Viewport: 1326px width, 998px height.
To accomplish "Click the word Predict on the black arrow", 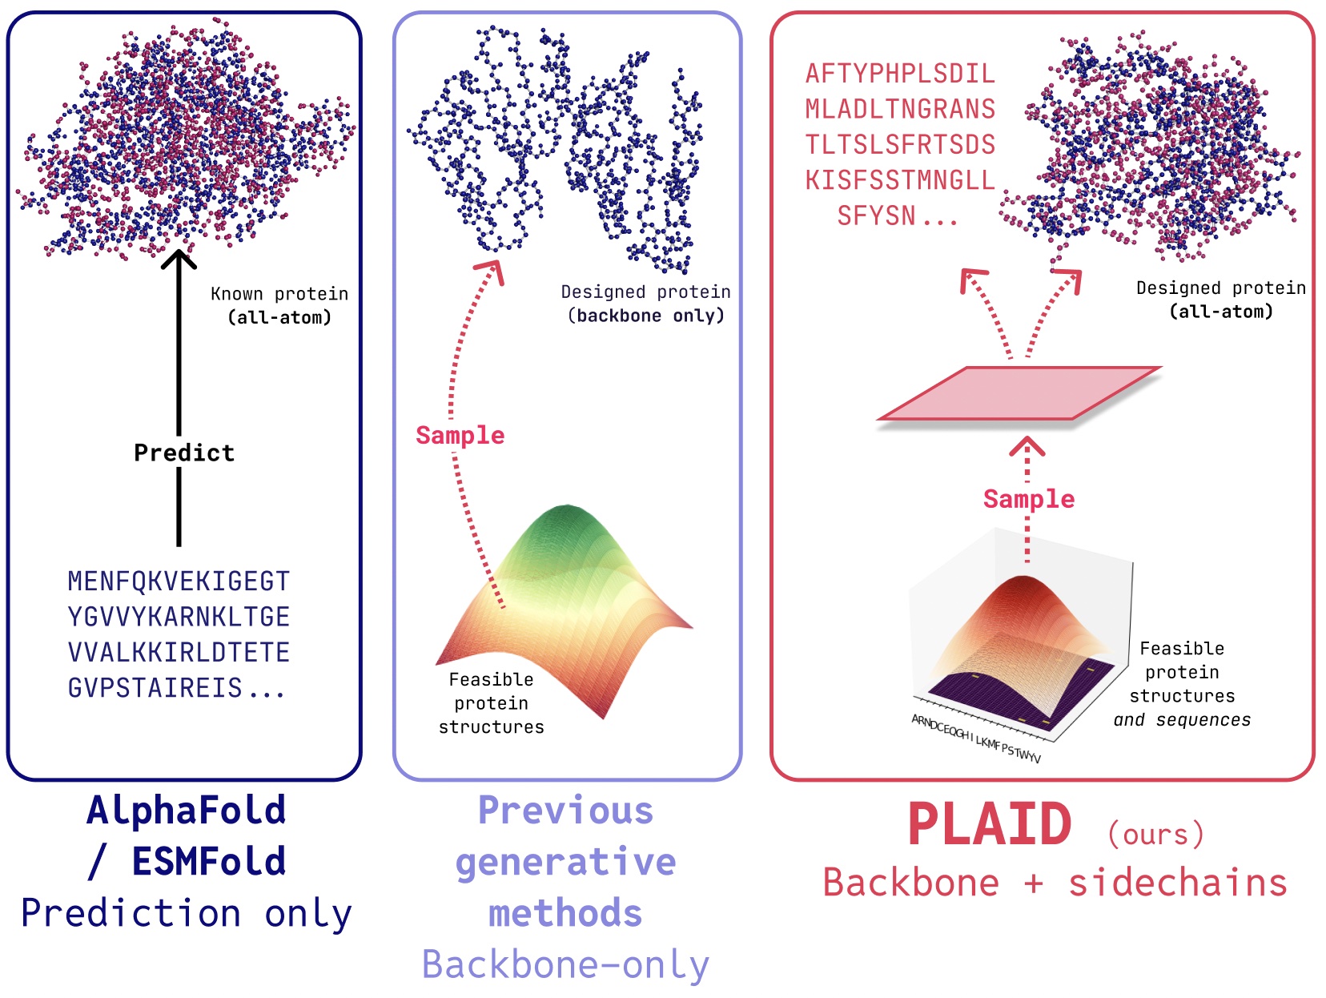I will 183,453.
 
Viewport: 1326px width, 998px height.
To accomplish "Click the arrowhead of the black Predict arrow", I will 179,259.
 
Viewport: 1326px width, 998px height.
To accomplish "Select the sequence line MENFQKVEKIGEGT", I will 179,581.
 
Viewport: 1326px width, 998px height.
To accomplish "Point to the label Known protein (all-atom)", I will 279,305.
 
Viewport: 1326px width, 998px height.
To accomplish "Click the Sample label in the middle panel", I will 460,435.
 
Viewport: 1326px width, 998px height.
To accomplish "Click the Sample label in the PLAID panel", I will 1029,499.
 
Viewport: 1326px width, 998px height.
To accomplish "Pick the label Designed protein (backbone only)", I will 645,304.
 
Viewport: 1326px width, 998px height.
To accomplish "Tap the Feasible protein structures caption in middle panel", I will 491,703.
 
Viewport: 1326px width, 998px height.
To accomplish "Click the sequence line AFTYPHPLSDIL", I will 900,74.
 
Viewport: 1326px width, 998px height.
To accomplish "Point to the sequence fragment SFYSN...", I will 877,216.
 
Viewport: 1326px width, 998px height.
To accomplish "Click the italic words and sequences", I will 1182,720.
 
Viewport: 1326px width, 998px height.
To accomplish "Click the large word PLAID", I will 990,825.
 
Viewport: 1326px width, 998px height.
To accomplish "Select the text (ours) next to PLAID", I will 1155,834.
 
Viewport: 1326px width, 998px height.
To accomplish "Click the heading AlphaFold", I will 187,810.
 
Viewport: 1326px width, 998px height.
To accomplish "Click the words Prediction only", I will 187,913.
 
